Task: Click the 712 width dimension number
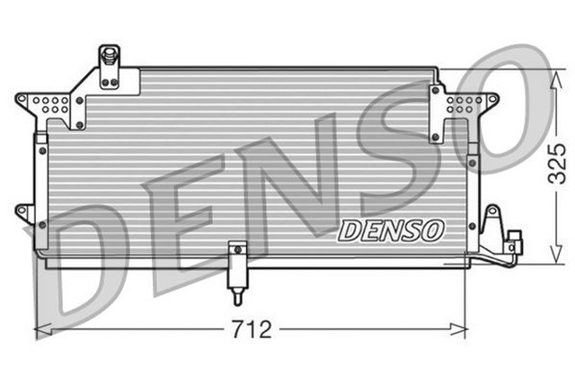coord(252,329)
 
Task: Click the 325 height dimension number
coord(558,165)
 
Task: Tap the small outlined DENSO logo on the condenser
coord(391,230)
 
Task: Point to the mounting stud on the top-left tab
coord(110,57)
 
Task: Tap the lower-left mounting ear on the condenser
coord(24,212)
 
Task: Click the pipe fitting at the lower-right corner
coord(512,244)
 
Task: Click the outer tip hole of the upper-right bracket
coord(493,98)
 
